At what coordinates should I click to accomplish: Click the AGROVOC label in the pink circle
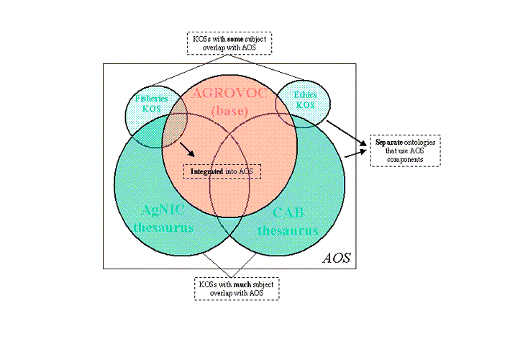point(230,96)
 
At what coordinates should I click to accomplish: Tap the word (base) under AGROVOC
point(230,112)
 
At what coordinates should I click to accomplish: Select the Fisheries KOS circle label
point(151,103)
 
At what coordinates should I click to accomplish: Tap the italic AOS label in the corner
point(336,257)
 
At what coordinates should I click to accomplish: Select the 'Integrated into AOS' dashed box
point(222,171)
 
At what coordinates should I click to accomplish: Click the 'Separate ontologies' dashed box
point(405,150)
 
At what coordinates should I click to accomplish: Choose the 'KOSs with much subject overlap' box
point(237,288)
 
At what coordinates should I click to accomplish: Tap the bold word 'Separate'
point(388,142)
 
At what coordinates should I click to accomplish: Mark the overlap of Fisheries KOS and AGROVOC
point(175,121)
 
